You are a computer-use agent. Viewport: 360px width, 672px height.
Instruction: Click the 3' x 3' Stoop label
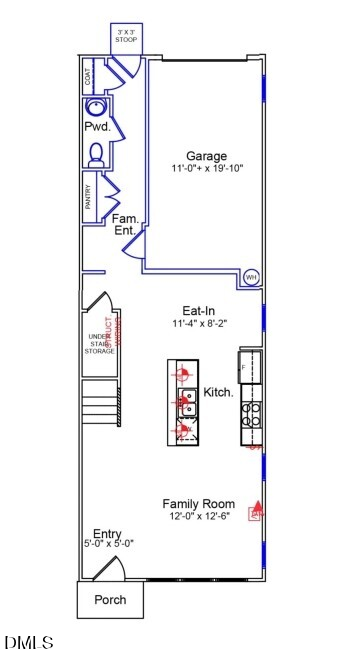coord(126,38)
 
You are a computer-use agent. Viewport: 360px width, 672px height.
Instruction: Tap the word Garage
coord(206,156)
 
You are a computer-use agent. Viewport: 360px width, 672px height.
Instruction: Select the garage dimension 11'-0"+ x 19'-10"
coord(206,170)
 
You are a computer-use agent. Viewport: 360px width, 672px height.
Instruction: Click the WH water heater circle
coord(251,276)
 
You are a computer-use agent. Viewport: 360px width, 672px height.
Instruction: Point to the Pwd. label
coord(95,128)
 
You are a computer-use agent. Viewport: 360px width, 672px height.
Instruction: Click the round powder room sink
coord(96,109)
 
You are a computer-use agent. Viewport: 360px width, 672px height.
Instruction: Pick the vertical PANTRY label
coord(88,197)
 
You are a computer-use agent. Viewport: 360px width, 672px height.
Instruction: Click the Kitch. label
coord(218,393)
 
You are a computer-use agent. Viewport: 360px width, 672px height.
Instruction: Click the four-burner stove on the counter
coord(250,413)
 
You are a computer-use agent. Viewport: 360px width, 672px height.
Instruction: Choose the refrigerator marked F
coord(249,367)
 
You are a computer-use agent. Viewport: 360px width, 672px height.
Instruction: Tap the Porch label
coord(110,601)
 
